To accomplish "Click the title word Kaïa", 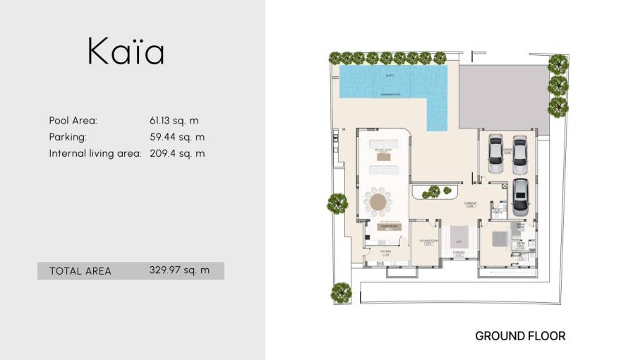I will point(126,52).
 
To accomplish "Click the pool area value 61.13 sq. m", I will point(174,121).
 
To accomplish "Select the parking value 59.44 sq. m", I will point(177,137).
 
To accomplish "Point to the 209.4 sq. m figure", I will point(177,153).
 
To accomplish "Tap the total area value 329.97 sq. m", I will point(179,270).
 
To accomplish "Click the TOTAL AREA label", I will point(80,271).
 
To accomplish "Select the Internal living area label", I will point(95,153).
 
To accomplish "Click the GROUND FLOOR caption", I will point(520,336).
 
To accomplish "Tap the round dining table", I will point(379,203).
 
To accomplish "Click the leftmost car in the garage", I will point(495,153).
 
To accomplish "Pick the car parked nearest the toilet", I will point(519,197).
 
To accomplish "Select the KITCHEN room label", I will point(386,252).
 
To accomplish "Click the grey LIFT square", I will point(459,235).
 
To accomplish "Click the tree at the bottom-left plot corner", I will point(342,292).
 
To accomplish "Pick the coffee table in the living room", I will point(384,157).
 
